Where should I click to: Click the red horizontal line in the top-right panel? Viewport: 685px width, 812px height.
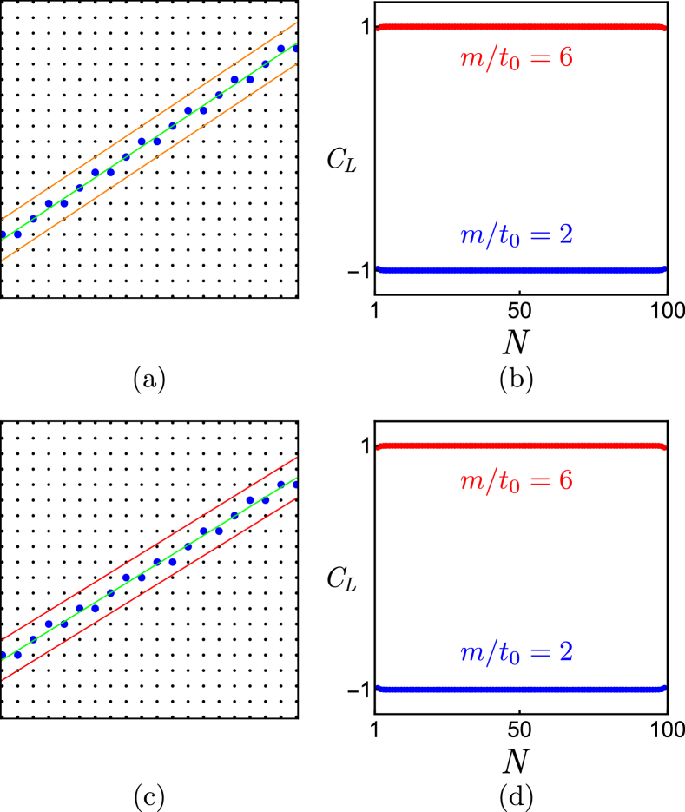(521, 28)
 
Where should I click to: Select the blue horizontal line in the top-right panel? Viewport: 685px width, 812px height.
(521, 270)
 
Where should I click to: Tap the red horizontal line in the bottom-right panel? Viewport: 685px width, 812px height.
(521, 446)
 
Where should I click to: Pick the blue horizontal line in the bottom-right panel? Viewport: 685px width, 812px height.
(521, 689)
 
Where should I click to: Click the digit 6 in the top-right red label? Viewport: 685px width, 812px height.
(565, 58)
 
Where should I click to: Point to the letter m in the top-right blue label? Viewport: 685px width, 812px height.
(472, 235)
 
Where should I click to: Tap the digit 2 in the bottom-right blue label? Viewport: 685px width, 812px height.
(565, 652)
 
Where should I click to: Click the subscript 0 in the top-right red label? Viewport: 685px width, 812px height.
(514, 66)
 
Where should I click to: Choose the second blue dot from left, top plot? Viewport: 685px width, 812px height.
(18, 234)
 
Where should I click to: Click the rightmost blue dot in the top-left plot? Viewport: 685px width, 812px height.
(295, 49)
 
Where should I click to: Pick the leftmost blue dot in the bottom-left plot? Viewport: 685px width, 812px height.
(3, 655)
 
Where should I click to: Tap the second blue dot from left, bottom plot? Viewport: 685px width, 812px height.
(18, 655)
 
